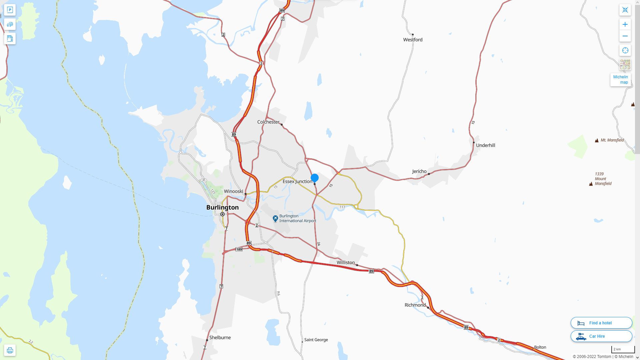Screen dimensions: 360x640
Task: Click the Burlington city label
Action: point(222,207)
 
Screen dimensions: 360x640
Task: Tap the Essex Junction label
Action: point(297,181)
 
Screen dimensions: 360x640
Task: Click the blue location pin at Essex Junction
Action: point(314,178)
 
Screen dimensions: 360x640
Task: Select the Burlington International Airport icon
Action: point(275,218)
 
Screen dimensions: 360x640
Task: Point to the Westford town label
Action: point(413,40)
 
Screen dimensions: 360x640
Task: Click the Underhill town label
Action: point(485,145)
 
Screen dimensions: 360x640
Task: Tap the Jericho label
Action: point(419,171)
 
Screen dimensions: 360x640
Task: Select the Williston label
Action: point(346,263)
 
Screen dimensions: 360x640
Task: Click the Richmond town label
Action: point(415,305)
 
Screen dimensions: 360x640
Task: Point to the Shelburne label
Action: point(220,337)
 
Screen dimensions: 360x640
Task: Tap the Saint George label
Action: point(316,340)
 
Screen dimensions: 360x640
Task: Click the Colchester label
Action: point(268,122)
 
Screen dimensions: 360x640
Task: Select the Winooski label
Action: point(233,191)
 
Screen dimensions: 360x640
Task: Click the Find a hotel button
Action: point(601,323)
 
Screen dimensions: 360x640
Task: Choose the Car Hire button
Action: point(601,336)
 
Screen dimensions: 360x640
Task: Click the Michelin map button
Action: point(620,80)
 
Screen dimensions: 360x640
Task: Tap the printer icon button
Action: point(10,350)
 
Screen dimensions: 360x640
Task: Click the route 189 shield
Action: point(239,249)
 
